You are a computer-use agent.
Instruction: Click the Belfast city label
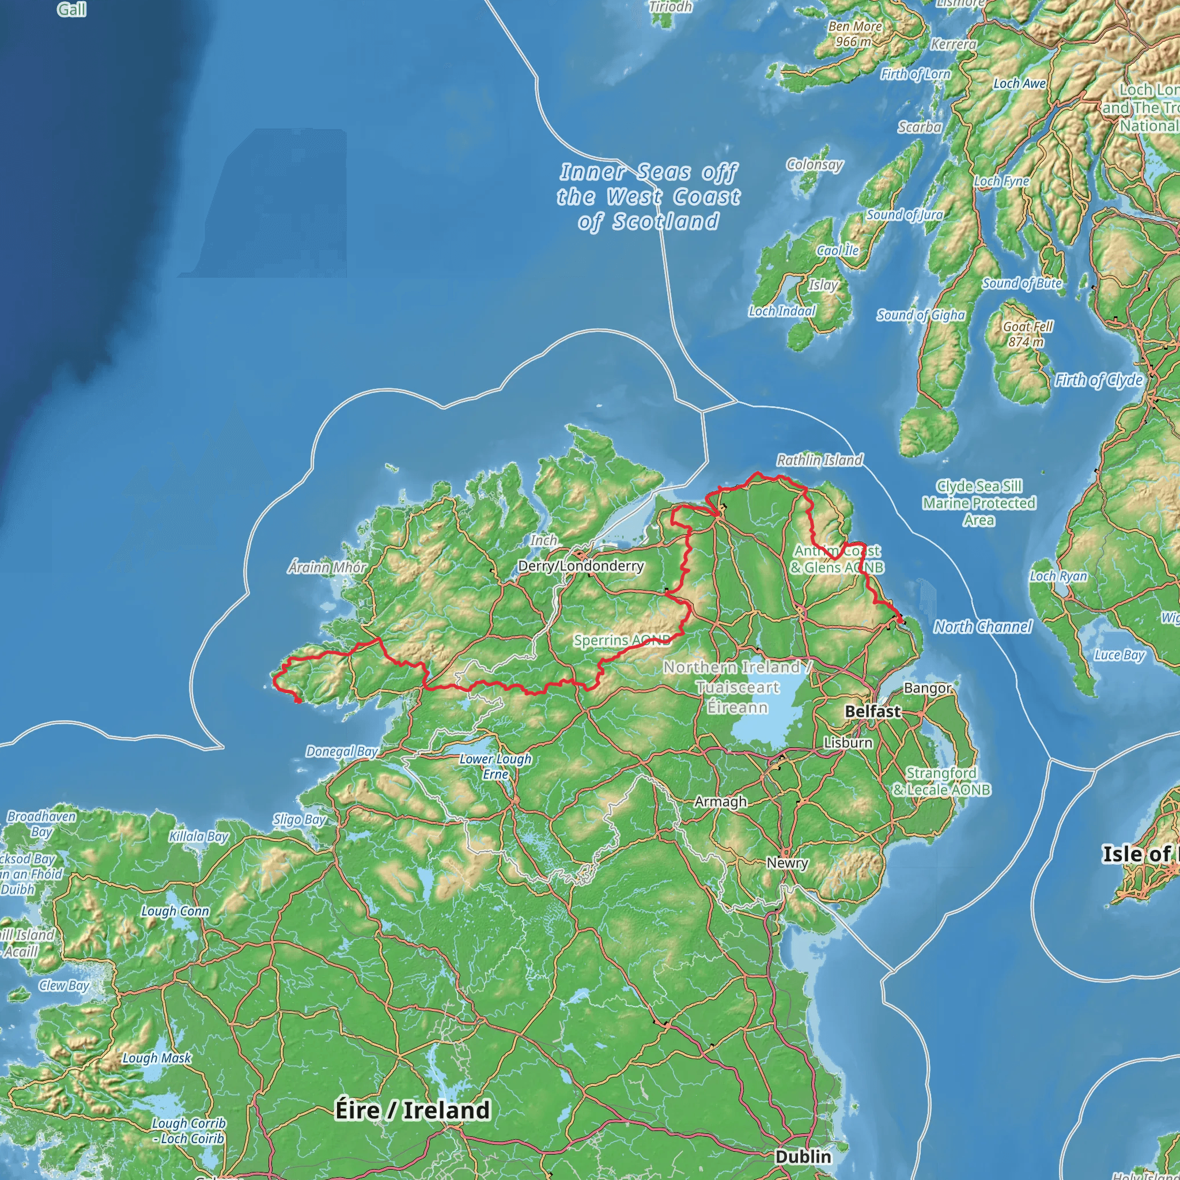point(872,712)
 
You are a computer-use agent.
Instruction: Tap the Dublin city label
point(803,1156)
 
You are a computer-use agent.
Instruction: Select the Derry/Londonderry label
point(580,566)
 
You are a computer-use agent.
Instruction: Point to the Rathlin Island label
point(820,460)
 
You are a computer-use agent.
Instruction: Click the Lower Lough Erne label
point(496,766)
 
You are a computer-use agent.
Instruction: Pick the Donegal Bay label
point(342,751)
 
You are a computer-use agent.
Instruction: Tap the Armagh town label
point(721,801)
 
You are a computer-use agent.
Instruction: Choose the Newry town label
point(787,863)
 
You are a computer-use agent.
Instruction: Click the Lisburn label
point(848,743)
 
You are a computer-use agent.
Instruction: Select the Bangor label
point(927,689)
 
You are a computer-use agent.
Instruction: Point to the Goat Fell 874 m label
point(1028,334)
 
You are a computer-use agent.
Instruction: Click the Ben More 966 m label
point(854,33)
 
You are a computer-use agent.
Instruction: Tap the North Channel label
point(983,627)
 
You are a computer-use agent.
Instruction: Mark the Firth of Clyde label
point(1099,380)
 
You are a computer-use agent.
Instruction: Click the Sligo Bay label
point(299,820)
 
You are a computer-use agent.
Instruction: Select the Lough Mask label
point(157,1058)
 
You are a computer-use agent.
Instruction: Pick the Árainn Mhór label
point(327,568)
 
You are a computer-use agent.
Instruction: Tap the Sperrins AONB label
point(622,640)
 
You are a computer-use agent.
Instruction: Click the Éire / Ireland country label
point(413,1110)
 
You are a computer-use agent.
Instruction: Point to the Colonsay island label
point(815,164)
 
